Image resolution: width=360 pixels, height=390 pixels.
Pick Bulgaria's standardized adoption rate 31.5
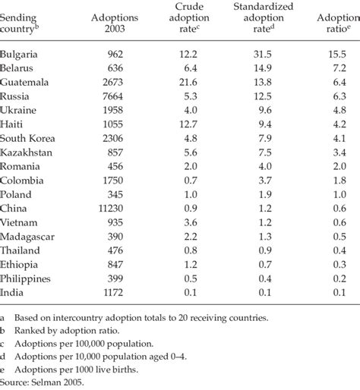(257, 55)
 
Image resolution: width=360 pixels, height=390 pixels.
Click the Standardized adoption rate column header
(257, 21)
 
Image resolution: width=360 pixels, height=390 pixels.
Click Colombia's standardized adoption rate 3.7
(260, 180)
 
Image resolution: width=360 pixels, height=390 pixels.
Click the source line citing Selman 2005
(43, 382)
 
